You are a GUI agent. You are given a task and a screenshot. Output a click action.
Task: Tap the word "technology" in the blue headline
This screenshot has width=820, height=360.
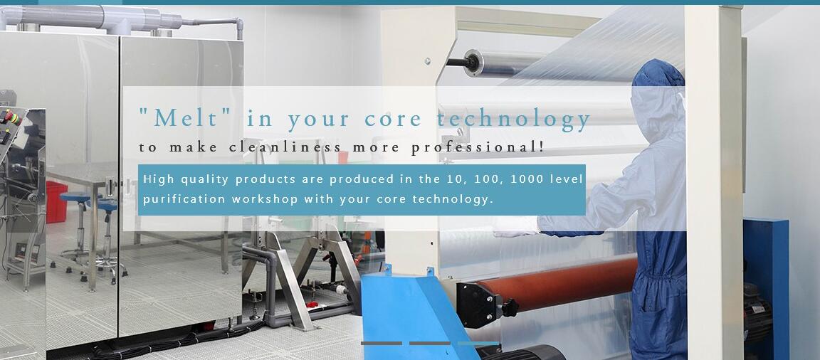pyautogui.click(x=513, y=120)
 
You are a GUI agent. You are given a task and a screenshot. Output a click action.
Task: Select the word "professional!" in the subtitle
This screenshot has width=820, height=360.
pyautogui.click(x=478, y=148)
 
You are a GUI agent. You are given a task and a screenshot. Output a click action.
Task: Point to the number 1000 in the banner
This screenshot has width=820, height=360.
pyautogui.click(x=527, y=179)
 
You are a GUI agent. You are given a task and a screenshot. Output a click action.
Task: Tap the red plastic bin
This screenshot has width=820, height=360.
pyautogui.click(x=56, y=201)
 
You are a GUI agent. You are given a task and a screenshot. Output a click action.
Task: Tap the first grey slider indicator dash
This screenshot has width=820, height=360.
pyautogui.click(x=382, y=343)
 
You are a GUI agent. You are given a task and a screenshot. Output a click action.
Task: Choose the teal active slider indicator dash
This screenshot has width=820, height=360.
pyautogui.click(x=478, y=343)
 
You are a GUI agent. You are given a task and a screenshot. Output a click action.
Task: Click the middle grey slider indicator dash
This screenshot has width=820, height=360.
pyautogui.click(x=429, y=343)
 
